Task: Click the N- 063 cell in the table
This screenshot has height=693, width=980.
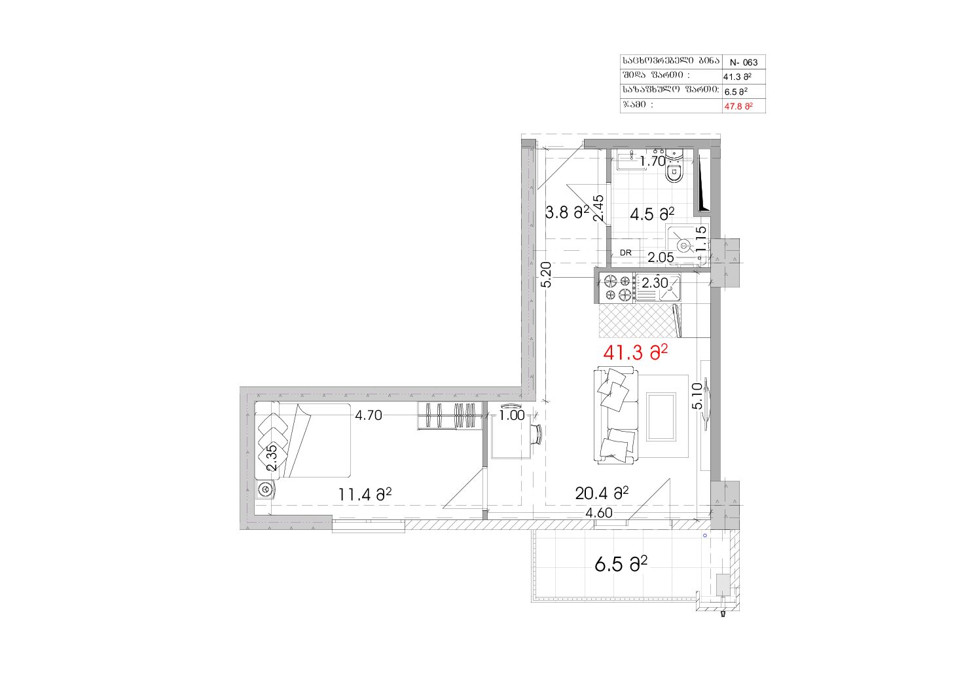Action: tap(743, 62)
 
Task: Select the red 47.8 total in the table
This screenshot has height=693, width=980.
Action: tap(738, 106)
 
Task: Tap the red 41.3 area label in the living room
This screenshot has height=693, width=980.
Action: tap(635, 352)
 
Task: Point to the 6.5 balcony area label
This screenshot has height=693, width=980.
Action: tap(621, 564)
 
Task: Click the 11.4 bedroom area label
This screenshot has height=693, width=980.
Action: tap(365, 495)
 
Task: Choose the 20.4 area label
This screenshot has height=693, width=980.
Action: tap(602, 493)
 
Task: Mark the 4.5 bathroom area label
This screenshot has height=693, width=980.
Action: tap(652, 214)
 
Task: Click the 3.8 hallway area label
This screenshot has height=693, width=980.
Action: tap(567, 213)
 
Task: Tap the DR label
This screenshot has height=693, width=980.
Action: tap(626, 253)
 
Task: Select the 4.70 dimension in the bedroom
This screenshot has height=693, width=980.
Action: tap(369, 415)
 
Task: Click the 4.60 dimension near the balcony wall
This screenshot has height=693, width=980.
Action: tap(599, 513)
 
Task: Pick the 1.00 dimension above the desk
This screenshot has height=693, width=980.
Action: tap(512, 415)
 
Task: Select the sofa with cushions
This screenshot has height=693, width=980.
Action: tap(615, 416)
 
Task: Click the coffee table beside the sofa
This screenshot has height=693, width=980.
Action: tap(661, 417)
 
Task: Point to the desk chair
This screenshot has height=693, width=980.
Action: tap(536, 434)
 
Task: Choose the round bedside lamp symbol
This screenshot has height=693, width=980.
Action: tap(265, 489)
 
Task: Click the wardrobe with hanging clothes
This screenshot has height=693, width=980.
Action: tap(450, 415)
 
